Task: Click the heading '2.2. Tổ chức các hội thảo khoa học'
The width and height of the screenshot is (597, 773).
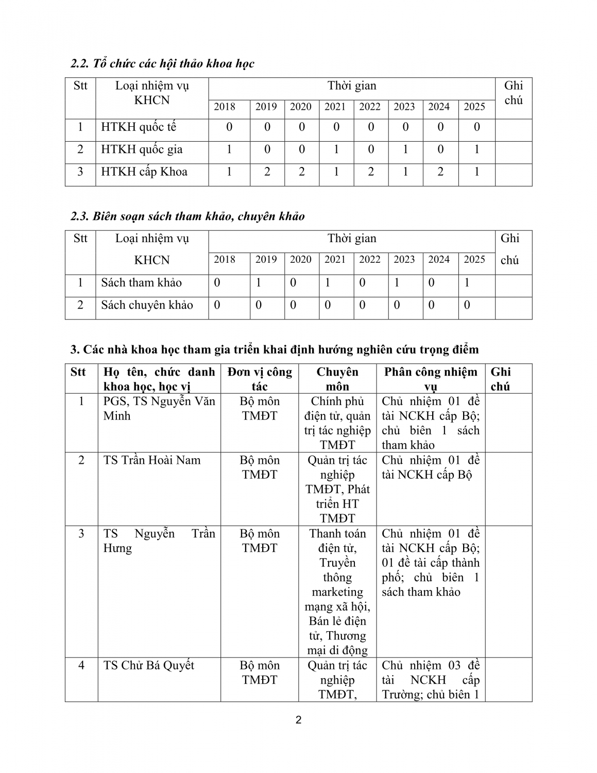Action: coord(162,64)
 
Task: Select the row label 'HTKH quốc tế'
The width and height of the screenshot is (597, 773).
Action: coord(139,127)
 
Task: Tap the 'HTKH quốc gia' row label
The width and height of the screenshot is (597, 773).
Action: coord(142,149)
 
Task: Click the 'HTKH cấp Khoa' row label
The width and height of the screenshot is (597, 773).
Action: coord(144,172)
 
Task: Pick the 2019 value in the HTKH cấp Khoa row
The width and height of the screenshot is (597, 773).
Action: coord(267,172)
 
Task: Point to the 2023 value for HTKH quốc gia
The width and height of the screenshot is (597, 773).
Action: coord(405,149)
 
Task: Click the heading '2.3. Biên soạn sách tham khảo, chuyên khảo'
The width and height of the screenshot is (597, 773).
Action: coord(187,216)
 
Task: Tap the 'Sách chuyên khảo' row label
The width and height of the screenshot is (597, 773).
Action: coord(147,305)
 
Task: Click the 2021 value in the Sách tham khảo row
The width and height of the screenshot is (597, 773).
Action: coord(328,282)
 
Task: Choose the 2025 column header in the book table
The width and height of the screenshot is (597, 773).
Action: coord(474,259)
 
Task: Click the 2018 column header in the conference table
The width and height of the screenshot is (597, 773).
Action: coord(224,107)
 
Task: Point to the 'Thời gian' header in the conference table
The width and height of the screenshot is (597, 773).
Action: coord(352,86)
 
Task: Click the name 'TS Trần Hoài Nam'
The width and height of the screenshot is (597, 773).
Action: coord(152,460)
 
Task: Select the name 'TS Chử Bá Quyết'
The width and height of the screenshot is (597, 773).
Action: coord(149,665)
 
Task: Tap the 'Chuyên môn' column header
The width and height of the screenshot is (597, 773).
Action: coord(337,379)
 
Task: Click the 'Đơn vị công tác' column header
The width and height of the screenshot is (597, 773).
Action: coord(260,379)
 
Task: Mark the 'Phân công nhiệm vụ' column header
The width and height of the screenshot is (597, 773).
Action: coord(431,379)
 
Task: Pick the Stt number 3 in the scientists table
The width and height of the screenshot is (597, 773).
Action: coord(81,533)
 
